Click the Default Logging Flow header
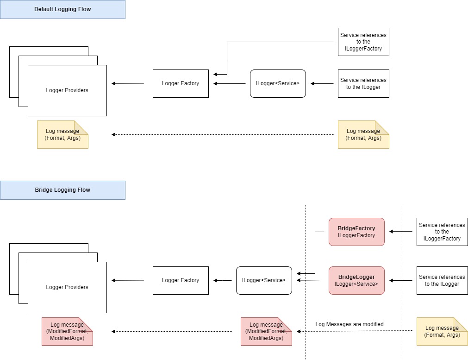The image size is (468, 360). point(62,9)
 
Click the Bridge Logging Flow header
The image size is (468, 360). point(62,190)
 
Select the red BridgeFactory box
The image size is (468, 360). point(356,232)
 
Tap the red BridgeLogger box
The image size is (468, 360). point(356,280)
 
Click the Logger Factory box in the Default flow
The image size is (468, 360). point(181,83)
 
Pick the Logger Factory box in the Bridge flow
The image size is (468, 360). point(181,280)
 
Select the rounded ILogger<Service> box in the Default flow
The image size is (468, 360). point(278,83)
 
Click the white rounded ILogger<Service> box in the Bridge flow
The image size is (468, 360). point(264,280)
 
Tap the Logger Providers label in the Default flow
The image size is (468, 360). point(67,90)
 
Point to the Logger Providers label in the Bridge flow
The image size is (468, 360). point(67,287)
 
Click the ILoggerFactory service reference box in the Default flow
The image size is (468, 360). point(363,42)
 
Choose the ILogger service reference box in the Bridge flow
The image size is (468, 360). point(442,280)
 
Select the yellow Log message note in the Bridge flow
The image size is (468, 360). point(442,331)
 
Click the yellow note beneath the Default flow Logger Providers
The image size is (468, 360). point(62,134)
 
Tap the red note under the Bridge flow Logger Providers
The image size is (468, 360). point(67,331)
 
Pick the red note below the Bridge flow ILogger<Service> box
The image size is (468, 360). point(266,331)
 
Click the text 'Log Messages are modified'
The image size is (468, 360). point(349,324)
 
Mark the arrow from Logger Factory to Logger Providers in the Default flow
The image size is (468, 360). point(128,83)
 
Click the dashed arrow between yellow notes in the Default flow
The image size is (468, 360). point(222,134)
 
